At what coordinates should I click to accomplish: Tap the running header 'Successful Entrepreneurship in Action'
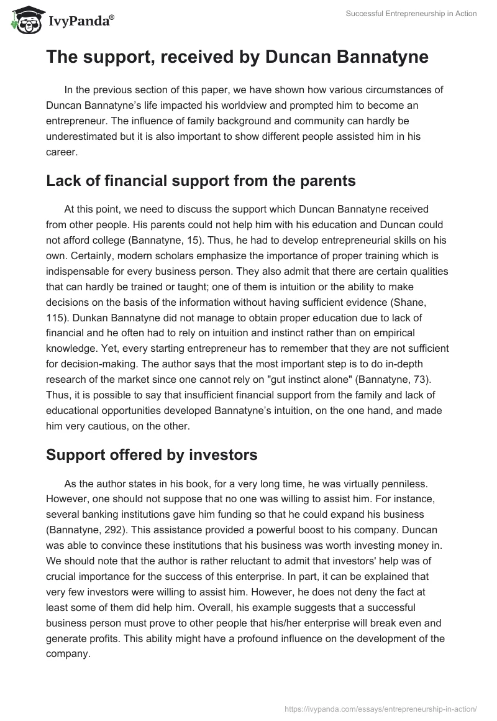[x=412, y=14]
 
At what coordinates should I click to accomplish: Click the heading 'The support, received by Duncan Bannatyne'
[x=237, y=58]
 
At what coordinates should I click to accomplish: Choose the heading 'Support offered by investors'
[x=152, y=454]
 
